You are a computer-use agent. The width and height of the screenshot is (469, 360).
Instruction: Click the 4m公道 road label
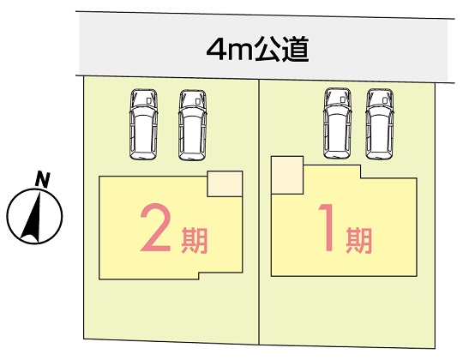point(257,49)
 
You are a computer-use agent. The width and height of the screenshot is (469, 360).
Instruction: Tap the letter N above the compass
point(43,180)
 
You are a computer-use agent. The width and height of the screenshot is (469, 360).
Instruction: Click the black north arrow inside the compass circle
point(33,218)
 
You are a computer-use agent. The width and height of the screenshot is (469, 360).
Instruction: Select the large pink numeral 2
point(155,227)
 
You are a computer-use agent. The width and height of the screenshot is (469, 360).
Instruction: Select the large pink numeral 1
point(328,227)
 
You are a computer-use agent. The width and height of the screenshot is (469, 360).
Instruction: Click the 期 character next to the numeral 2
point(195,240)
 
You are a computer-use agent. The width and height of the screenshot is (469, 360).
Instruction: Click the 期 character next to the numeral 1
point(359,240)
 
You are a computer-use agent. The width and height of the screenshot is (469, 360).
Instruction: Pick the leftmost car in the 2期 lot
point(143,124)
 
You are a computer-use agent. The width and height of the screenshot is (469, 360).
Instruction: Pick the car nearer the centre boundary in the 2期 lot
point(192,125)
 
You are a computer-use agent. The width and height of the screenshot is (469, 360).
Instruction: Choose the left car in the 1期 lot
point(337,123)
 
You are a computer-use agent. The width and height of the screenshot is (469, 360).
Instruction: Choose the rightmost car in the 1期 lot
point(380,123)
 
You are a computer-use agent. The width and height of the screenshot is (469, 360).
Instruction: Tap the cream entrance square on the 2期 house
point(225,184)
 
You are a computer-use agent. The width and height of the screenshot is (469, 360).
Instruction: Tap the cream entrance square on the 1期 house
point(287,175)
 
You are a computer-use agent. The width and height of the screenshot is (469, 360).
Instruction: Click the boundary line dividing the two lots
point(259,212)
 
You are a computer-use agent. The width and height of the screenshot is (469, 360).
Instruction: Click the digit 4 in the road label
point(216,49)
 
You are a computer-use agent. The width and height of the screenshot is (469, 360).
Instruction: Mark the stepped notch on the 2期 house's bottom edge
point(199,276)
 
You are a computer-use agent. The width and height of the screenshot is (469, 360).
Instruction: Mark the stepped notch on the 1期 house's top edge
point(360,172)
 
